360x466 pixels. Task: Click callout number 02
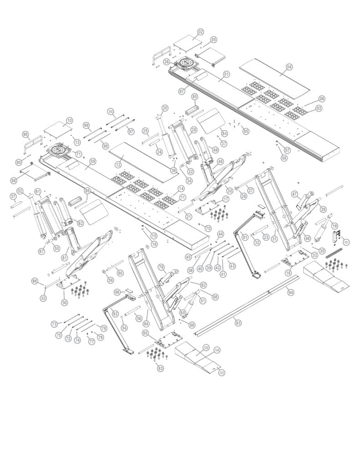point(200,32)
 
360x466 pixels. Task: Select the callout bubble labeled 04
point(289,66)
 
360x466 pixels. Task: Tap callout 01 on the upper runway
point(226,74)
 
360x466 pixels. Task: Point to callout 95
point(246,131)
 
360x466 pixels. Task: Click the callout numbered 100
point(110,111)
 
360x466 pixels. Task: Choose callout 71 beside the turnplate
point(78,154)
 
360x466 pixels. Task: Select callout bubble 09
point(92,161)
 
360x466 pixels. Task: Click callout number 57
point(13,197)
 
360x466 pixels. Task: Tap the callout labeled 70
point(208,228)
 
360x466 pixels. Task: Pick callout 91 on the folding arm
point(245,237)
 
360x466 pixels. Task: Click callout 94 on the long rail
point(290,292)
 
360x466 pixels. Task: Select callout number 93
point(237,322)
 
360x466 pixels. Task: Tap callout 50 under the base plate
point(64,303)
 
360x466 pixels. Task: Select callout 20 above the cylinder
point(165,108)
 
